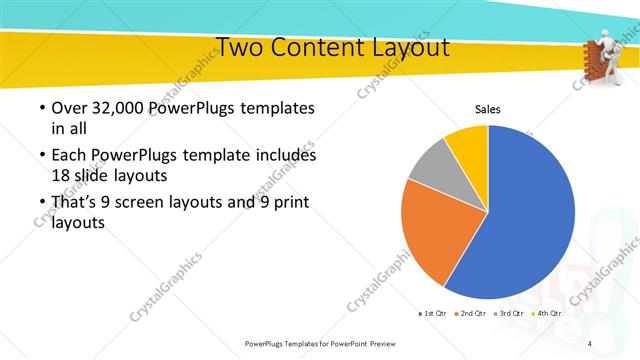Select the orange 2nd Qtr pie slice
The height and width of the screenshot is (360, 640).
(430, 235)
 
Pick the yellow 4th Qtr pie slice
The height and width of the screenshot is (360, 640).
(468, 143)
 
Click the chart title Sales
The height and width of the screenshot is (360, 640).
(487, 110)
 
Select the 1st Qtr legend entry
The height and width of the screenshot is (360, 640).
(434, 314)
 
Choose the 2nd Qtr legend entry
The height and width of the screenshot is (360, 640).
(470, 314)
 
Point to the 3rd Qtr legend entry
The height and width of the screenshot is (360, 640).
(507, 314)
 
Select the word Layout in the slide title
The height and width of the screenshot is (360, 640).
(410, 47)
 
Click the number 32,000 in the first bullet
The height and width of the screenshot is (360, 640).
(113, 108)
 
